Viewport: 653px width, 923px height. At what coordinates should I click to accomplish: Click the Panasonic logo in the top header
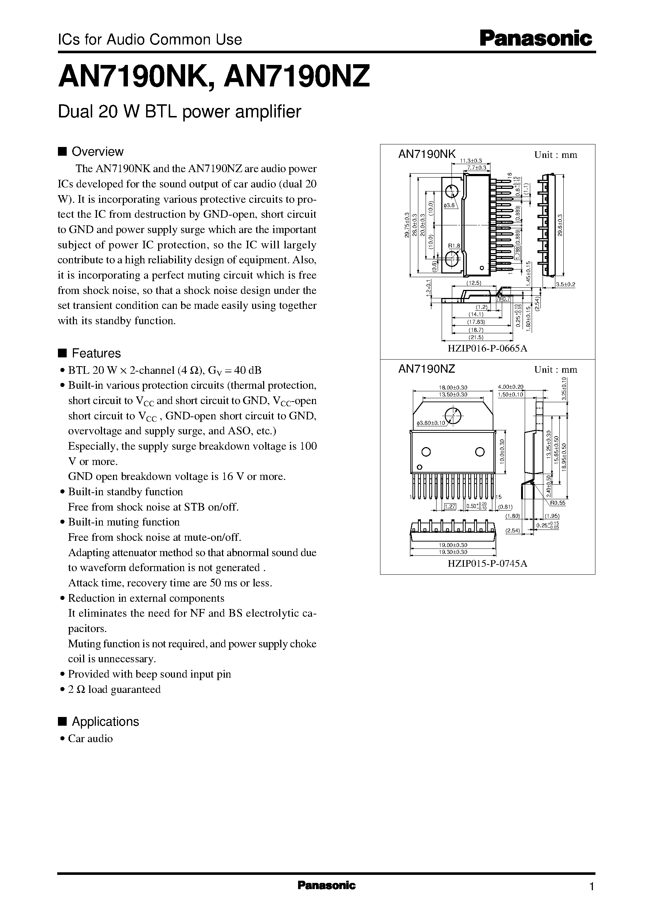pos(536,39)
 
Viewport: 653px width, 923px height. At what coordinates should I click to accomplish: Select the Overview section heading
pos(97,152)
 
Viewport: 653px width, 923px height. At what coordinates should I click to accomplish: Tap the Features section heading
pos(96,353)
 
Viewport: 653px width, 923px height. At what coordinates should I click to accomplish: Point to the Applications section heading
pos(105,721)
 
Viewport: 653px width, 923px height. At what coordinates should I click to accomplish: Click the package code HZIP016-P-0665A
pos(487,348)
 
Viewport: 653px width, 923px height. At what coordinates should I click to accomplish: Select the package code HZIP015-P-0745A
pos(487,564)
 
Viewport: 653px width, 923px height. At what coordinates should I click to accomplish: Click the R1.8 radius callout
pos(454,245)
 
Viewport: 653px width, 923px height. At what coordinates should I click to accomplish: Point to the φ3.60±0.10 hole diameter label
pos(431,423)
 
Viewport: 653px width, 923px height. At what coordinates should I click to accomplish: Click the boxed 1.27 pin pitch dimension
pos(450,507)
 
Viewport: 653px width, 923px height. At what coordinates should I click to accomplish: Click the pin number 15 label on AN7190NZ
pos(499,497)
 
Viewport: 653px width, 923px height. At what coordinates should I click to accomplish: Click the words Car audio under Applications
pos(90,738)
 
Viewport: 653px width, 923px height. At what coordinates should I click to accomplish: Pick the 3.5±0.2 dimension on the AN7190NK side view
pos(565,284)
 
